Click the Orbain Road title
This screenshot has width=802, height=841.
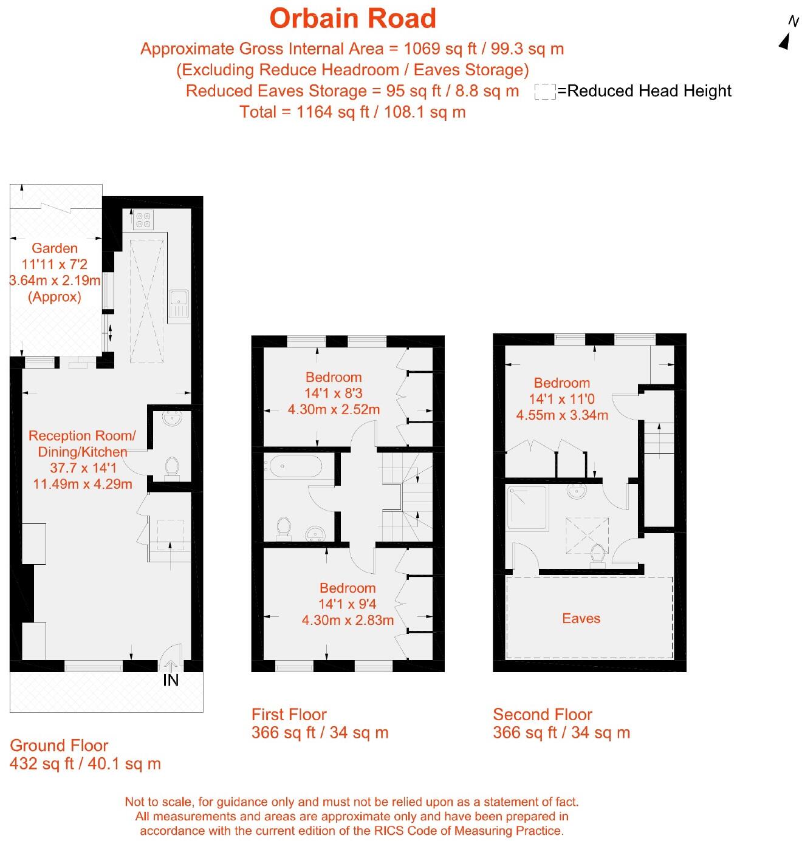pos(352,19)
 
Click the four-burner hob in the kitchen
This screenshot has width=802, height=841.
pos(143,219)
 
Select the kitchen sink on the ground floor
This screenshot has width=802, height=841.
pos(179,304)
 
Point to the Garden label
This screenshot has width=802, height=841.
pos(55,248)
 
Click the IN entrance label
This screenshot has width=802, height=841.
pos(171,680)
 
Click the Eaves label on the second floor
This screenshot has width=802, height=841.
pos(581,618)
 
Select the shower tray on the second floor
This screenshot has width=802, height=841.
pos(527,508)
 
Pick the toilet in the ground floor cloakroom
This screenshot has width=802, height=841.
pos(172,467)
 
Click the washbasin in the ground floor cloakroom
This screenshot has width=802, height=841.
pos(173,418)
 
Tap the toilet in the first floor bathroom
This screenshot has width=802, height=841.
pos(284,528)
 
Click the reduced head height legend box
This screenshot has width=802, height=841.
pos(545,92)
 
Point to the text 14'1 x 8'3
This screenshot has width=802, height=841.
pos(334,393)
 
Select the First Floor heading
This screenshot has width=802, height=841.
pos(289,714)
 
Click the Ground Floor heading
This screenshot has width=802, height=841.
pos(59,746)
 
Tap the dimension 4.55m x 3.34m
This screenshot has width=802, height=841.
pos(562,415)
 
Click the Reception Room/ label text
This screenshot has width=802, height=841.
pos(82,436)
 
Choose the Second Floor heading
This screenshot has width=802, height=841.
pos(542,714)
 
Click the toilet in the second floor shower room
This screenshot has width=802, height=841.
pos(597,555)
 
